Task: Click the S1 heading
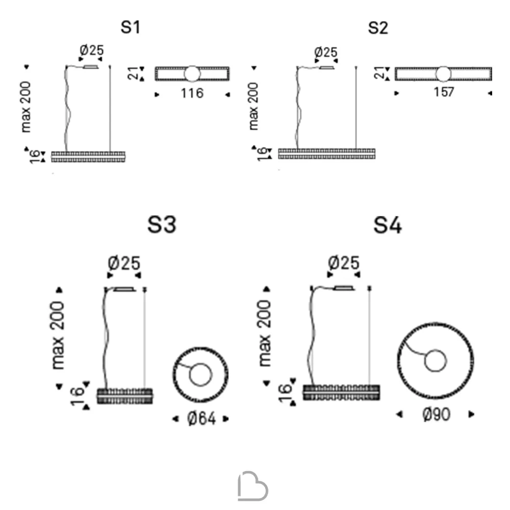[x=131, y=27]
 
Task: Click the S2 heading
[x=378, y=28]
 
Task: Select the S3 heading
[x=162, y=224]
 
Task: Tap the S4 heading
[x=388, y=225]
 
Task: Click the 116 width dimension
[x=192, y=93]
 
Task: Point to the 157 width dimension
[x=444, y=92]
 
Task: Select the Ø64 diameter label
[x=201, y=418]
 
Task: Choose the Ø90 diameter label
[x=436, y=414]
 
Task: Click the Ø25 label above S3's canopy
[x=124, y=263]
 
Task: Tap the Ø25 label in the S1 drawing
[x=92, y=50]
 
